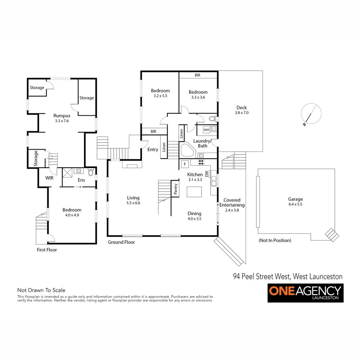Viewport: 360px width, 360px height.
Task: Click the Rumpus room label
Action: point(62,116)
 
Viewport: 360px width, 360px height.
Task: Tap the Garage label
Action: point(296,199)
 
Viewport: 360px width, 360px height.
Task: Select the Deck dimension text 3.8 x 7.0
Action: point(242,113)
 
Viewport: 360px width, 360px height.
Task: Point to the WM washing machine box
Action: point(206,129)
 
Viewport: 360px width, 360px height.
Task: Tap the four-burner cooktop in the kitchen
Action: point(201,162)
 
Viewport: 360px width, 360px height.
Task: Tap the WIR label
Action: point(49,178)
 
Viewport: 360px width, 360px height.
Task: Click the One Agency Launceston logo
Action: point(305,293)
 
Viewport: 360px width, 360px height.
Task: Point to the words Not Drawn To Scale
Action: point(41,290)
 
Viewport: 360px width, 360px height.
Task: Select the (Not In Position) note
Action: point(275,240)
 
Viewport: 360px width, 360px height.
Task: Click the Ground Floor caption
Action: point(121,242)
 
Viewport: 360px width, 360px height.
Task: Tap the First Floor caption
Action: point(47,250)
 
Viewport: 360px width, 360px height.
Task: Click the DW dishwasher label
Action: point(207,174)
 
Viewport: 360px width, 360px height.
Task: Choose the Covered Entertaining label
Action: point(232,203)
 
